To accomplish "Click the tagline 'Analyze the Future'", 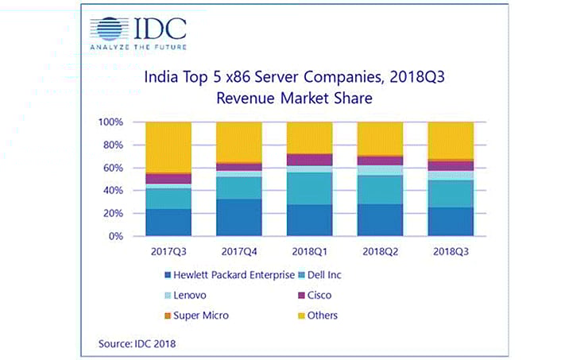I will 137,46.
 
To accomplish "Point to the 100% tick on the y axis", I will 110,122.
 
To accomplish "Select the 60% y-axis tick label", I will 113,168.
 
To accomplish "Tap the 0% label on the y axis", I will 116,236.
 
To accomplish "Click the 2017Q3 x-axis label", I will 168,252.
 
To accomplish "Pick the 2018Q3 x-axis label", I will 451,252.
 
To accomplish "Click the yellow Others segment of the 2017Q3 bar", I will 168,146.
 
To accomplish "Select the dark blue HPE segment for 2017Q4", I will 238,218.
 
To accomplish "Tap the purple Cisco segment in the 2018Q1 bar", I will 309,160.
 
